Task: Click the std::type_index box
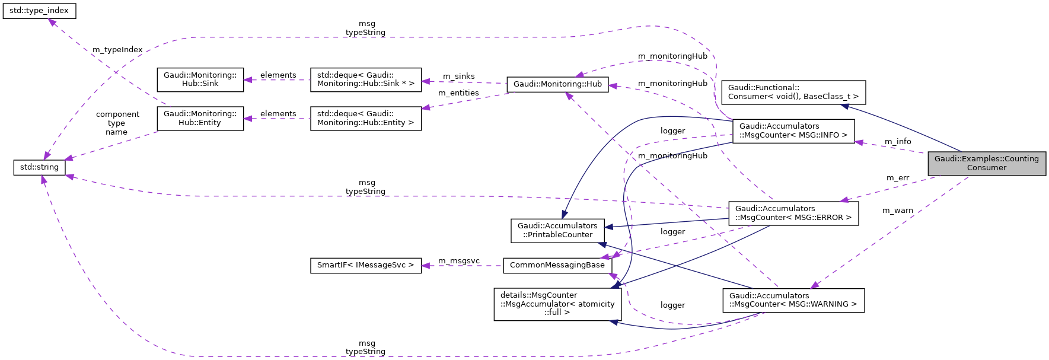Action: tap(39, 11)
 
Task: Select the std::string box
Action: tap(39, 167)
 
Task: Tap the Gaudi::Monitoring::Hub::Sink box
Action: tap(200, 79)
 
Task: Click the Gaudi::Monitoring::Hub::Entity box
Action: tap(200, 118)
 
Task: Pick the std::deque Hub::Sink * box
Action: tap(365, 79)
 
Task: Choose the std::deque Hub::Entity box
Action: tap(365, 118)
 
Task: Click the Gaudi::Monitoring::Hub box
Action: tap(557, 84)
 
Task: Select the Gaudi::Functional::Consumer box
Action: tap(793, 92)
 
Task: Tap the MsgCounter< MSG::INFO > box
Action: tap(793, 130)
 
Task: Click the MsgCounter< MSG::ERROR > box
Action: tap(793, 213)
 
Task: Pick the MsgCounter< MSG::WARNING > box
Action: tap(793, 300)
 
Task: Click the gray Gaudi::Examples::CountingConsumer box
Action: tap(986, 163)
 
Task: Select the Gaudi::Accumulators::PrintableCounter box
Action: tap(557, 230)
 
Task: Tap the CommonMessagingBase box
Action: tap(557, 265)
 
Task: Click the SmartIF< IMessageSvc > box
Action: tap(365, 265)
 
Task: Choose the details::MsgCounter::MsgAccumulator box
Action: tap(557, 304)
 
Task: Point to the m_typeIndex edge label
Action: tap(117, 50)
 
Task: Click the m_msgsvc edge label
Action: tap(458, 261)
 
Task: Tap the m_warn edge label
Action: tap(897, 211)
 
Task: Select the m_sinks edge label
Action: tap(458, 77)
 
